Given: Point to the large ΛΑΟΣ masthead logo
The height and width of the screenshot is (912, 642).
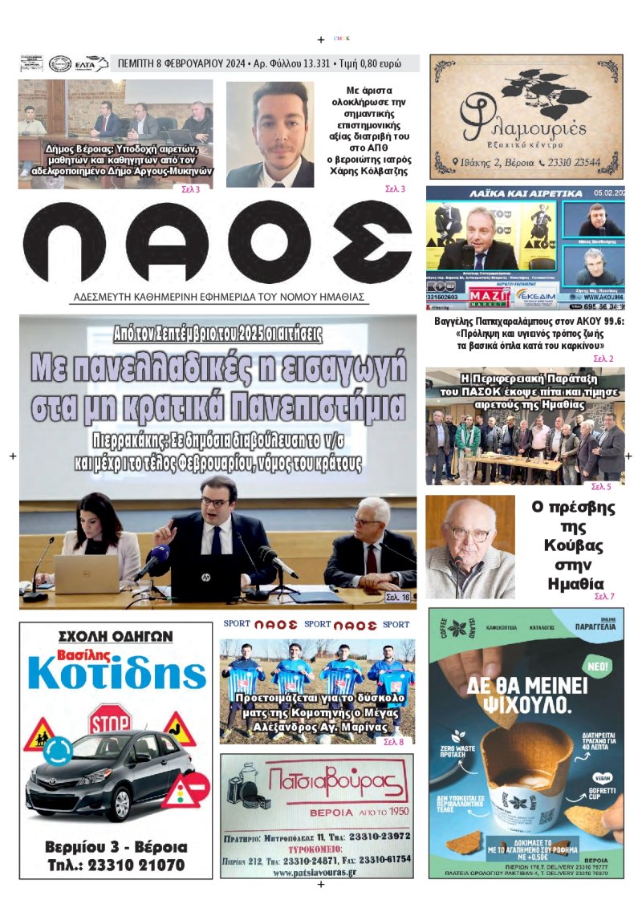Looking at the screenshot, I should click(x=217, y=242).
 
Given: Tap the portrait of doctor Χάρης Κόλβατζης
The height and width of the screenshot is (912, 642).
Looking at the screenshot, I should click(x=270, y=135).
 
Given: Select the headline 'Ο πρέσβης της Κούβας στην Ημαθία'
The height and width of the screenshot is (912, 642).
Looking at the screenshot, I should click(x=573, y=545).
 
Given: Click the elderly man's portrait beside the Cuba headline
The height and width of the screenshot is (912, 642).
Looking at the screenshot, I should click(x=469, y=547).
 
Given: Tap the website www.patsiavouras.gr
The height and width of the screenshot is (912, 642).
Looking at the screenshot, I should click(x=317, y=872).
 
